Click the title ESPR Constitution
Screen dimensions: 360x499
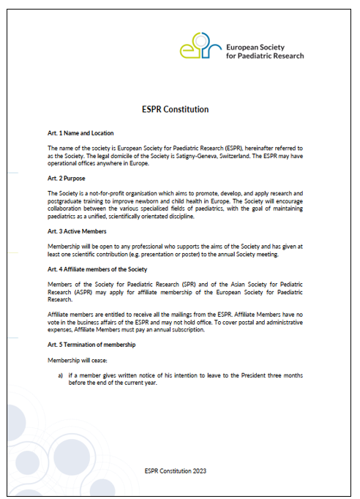click(x=175, y=109)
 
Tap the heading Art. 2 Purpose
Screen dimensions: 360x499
click(x=67, y=178)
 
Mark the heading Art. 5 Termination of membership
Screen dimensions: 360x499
click(x=91, y=344)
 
